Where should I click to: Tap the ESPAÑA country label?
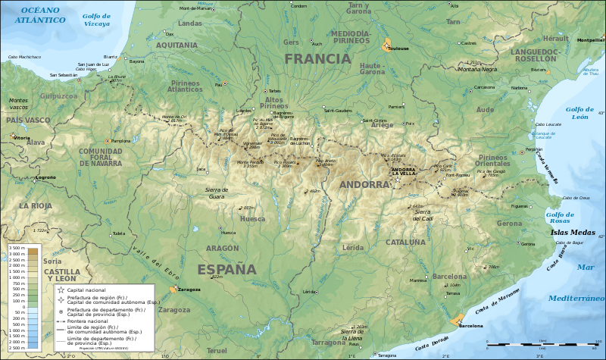[226, 269]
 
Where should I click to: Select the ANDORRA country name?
[364, 184]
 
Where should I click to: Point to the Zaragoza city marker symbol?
[173, 290]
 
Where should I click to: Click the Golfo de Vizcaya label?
[96, 20]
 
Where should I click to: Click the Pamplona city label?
[121, 141]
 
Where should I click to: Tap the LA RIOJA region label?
[35, 205]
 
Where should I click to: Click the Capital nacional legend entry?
[88, 290]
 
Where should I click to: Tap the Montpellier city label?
[590, 39]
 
